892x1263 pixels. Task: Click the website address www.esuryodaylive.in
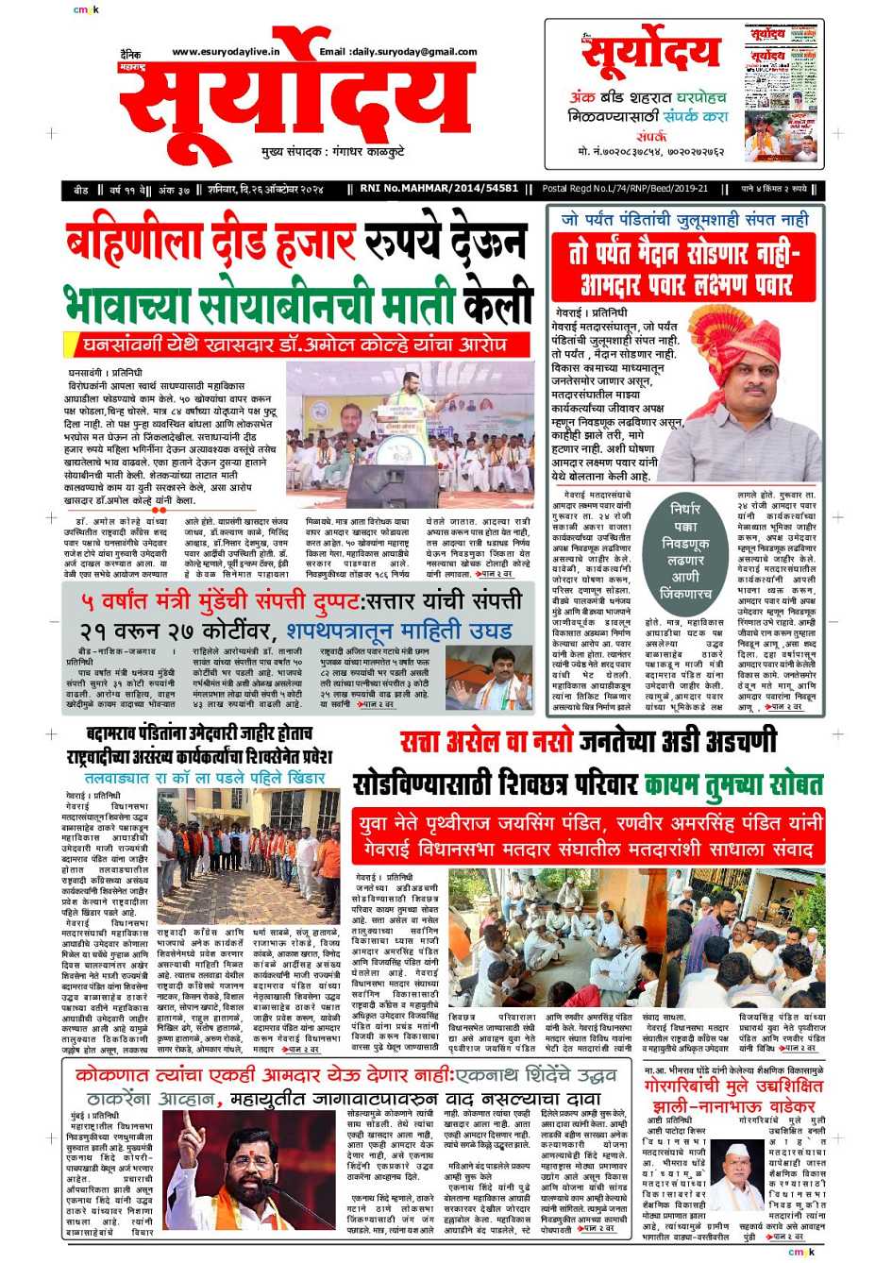226,52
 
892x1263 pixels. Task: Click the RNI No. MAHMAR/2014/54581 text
439,189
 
